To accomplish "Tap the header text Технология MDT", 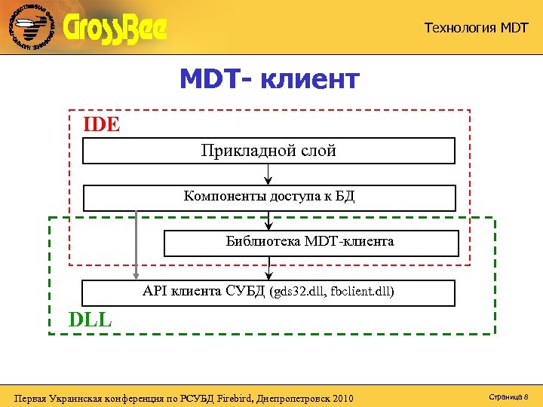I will (476, 28).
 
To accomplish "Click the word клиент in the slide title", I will (311, 78).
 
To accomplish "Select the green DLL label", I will (90, 320).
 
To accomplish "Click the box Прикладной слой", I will (268, 151).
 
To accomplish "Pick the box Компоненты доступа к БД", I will (268, 197).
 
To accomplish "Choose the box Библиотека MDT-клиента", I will (310, 243).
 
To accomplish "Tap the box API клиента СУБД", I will (268, 292).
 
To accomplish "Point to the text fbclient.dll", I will (362, 292).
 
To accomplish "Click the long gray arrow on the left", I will (136, 245).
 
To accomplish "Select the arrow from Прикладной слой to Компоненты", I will (268, 174).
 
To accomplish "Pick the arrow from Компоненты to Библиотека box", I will (268, 221).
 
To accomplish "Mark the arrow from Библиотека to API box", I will (268, 268).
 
